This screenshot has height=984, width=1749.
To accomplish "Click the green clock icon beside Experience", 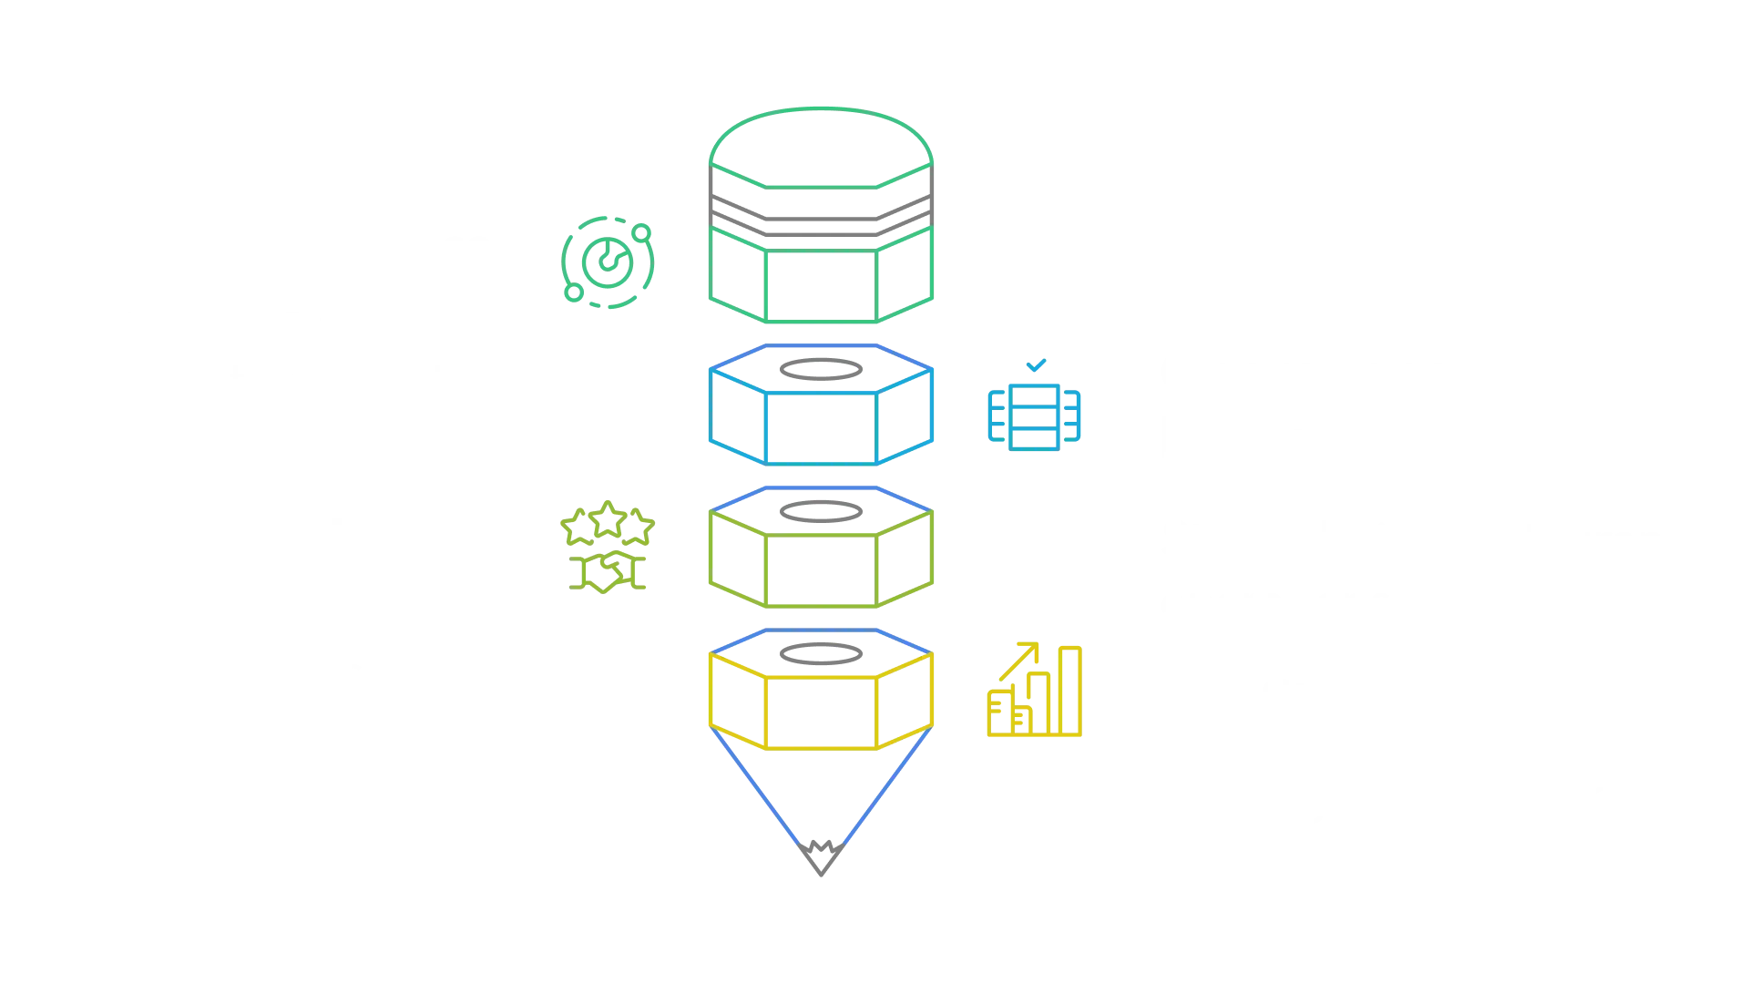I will tap(608, 261).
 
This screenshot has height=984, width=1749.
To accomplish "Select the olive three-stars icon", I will tap(606, 546).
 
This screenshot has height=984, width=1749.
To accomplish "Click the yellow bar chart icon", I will tap(1035, 692).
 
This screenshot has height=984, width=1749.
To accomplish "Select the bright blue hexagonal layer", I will tap(822, 415).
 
